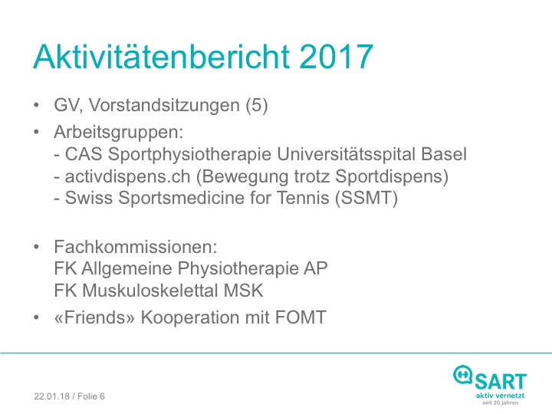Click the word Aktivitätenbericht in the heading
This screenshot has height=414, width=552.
tap(162, 56)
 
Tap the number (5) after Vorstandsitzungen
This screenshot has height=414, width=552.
tap(257, 105)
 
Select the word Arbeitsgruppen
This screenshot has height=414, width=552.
tap(119, 133)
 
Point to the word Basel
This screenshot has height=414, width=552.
tap(444, 154)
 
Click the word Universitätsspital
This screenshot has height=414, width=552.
tap(347, 155)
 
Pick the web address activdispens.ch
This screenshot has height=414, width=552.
tap(127, 176)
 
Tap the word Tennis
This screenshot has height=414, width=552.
tap(303, 198)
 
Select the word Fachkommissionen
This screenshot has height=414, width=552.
tap(136, 247)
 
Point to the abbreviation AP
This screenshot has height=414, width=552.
tap(316, 268)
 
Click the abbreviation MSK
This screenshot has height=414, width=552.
tap(244, 291)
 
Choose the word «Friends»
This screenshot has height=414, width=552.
tap(94, 317)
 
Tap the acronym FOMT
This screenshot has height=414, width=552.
tap(301, 317)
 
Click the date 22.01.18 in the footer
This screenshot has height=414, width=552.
tap(52, 396)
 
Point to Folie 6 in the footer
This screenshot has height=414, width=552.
tap(91, 396)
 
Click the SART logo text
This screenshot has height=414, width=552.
tap(501, 382)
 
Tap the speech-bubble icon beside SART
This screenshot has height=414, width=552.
tap(462, 375)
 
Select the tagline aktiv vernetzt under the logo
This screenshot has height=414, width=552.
tap(500, 396)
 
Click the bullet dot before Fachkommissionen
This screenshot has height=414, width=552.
tap(36, 247)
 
